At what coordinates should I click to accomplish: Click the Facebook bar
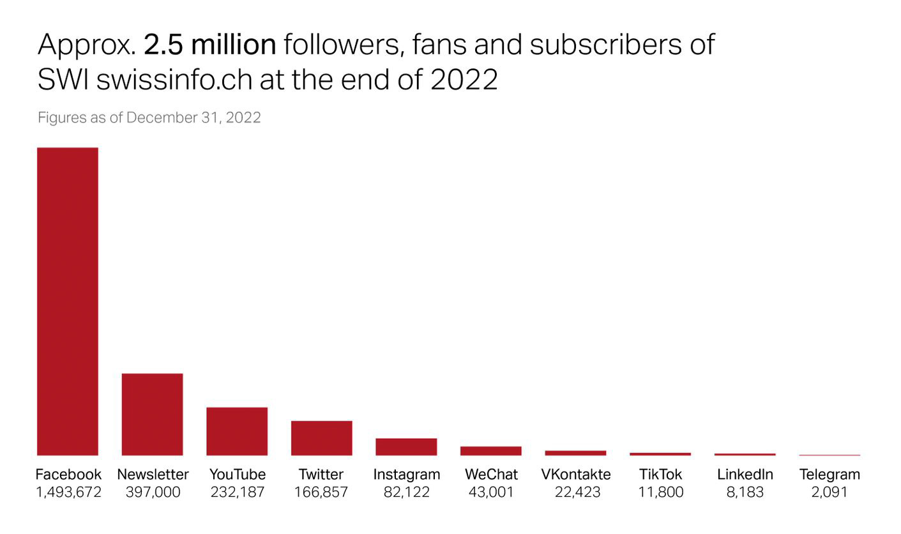click(x=68, y=301)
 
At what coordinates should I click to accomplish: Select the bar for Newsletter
click(x=152, y=414)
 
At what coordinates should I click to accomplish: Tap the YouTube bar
click(x=237, y=431)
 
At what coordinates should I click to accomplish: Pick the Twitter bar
click(x=321, y=438)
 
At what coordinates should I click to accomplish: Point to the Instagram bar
click(x=406, y=446)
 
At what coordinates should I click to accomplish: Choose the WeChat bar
click(x=490, y=451)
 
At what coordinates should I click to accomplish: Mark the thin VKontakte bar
click(x=575, y=453)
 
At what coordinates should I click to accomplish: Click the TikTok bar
click(x=660, y=454)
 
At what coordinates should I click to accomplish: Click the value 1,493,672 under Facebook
click(x=68, y=492)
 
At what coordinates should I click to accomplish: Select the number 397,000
click(x=153, y=492)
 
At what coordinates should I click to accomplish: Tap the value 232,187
click(x=237, y=492)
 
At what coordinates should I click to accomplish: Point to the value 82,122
click(x=406, y=492)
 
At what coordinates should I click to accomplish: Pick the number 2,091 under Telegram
click(x=829, y=492)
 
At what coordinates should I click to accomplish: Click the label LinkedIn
click(x=745, y=475)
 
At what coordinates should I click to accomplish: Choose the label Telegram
click(x=829, y=475)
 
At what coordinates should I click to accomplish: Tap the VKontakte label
click(x=575, y=475)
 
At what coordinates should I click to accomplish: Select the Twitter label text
click(x=321, y=475)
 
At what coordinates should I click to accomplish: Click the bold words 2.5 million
click(x=210, y=45)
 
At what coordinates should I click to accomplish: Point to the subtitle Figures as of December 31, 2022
click(x=149, y=118)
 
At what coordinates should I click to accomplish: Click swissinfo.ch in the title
click(x=174, y=80)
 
